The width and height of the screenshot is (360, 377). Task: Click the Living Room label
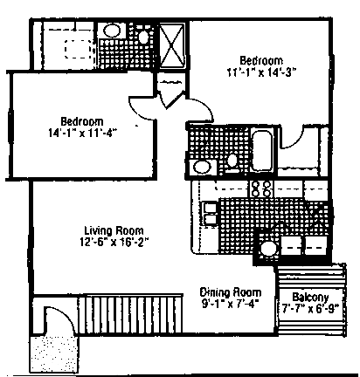pos(114,230)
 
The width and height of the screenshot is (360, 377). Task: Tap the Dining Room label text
pos(231,292)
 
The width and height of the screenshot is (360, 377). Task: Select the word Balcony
pos(310,298)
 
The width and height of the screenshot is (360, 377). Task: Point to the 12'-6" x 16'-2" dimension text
pos(114,243)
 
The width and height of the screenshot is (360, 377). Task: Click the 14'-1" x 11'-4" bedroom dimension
pos(82,133)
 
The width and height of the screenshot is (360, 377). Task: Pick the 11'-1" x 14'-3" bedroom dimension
pos(261,72)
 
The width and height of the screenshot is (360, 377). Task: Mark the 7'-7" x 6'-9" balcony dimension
pos(311,308)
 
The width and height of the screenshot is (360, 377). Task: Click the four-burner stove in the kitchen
pos(261,188)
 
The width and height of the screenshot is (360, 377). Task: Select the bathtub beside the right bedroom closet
pos(262,151)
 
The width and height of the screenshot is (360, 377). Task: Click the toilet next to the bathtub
pos(232,161)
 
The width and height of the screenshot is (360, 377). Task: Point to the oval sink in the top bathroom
pos(112,31)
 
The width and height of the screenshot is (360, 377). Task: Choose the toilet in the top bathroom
pos(143,37)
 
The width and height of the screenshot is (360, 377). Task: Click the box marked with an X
pos(172,45)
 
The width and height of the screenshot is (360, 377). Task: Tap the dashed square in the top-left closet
pos(78,49)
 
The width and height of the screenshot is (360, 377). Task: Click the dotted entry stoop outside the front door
pos(54,353)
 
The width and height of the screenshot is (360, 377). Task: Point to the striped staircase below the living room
pos(131,314)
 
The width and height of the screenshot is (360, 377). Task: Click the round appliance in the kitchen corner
pos(268,249)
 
